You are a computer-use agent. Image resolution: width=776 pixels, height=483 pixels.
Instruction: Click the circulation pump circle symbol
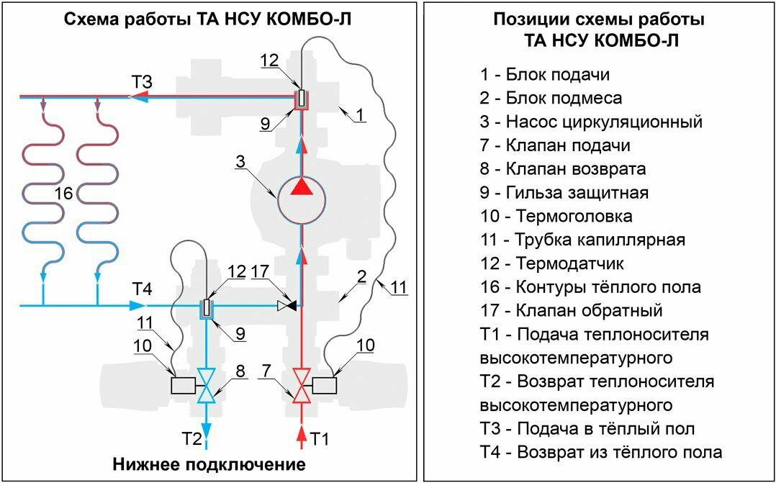pyautogui.click(x=301, y=200)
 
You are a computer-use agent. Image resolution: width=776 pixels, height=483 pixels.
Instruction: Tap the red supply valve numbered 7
pyautogui.click(x=301, y=386)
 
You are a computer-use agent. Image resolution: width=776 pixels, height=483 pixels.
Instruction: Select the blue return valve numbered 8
pyautogui.click(x=207, y=386)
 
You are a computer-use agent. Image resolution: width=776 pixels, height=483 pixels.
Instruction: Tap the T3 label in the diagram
pyautogui.click(x=141, y=81)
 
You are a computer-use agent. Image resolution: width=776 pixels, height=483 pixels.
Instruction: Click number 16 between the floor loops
pyautogui.click(x=63, y=194)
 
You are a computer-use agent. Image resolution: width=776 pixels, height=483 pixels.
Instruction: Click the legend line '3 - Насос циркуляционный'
pyautogui.click(x=591, y=122)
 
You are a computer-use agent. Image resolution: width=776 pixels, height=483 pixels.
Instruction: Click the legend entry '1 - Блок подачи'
pyautogui.click(x=546, y=75)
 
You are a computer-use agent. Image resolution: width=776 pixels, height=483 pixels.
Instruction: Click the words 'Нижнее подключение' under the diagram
pyautogui.click(x=209, y=464)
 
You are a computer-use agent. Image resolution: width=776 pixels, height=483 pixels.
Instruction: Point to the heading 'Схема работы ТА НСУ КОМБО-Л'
pyautogui.click(x=208, y=19)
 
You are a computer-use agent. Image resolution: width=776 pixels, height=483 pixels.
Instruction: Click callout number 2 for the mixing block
pyautogui.click(x=362, y=276)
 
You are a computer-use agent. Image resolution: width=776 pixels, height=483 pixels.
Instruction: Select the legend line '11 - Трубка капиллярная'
pyautogui.click(x=583, y=240)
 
